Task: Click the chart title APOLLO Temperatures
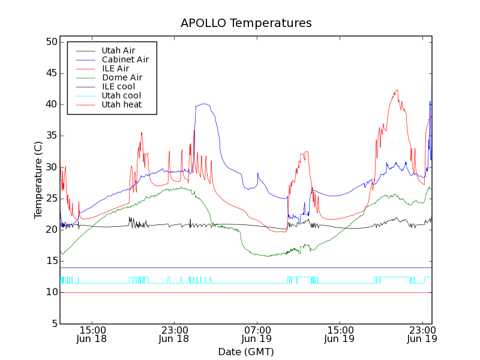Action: (246, 23)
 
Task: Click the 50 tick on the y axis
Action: (50, 42)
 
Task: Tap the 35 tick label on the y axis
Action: (50, 136)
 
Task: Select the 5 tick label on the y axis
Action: (53, 324)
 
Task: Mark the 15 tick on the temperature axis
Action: (50, 261)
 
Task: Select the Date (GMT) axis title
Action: (246, 352)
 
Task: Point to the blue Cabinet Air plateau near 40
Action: (204, 104)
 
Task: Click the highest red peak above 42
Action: (397, 91)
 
